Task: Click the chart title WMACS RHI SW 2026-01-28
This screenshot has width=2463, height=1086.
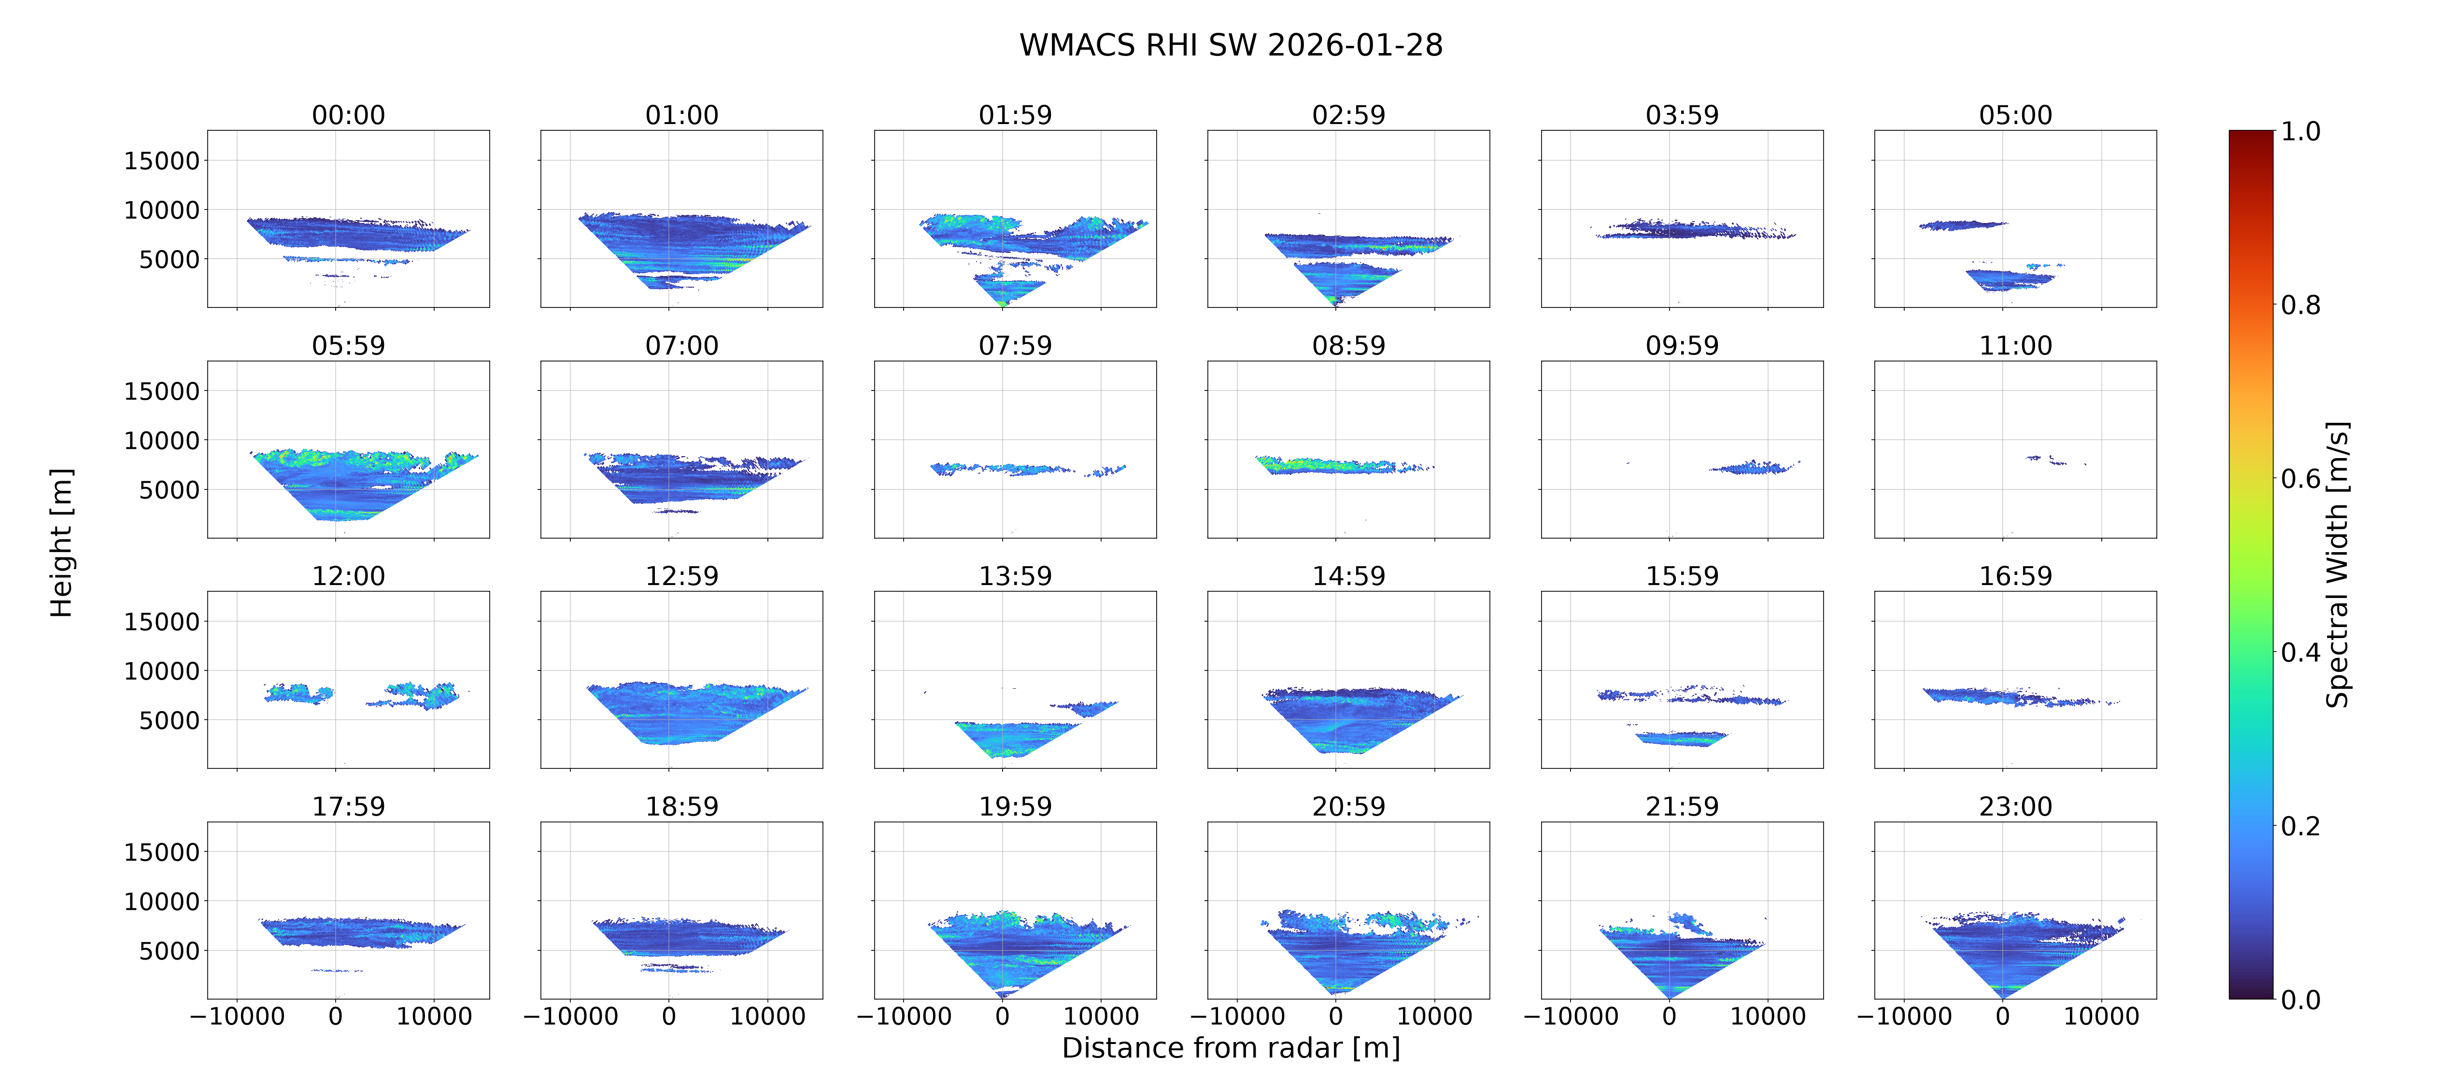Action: coord(1231,45)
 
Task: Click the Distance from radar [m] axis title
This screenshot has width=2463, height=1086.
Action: coord(1231,1048)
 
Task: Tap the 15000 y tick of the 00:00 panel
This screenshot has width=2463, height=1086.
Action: coord(162,161)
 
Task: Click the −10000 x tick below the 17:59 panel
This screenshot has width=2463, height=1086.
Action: coord(237,1016)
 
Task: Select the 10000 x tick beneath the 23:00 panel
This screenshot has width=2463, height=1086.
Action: coord(2101,1016)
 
